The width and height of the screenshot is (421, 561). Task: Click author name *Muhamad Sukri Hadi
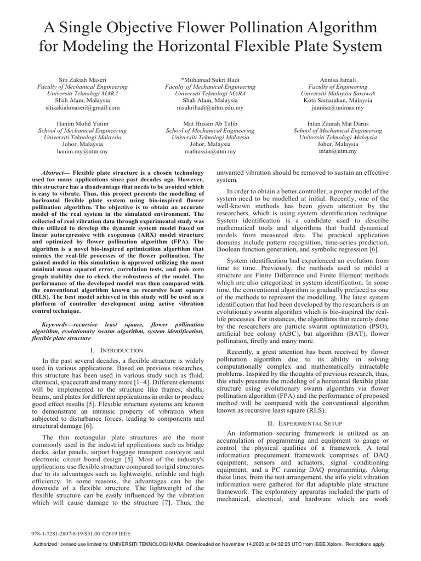210,80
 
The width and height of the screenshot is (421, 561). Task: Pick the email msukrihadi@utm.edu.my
210,108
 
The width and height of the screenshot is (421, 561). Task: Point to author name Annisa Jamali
338,80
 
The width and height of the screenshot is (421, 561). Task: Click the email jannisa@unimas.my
338,108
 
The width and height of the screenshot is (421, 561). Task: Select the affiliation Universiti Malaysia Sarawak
338,94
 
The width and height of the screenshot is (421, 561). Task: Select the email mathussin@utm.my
210,151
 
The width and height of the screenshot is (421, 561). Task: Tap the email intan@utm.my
338,151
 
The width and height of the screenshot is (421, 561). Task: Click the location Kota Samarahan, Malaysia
338,101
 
